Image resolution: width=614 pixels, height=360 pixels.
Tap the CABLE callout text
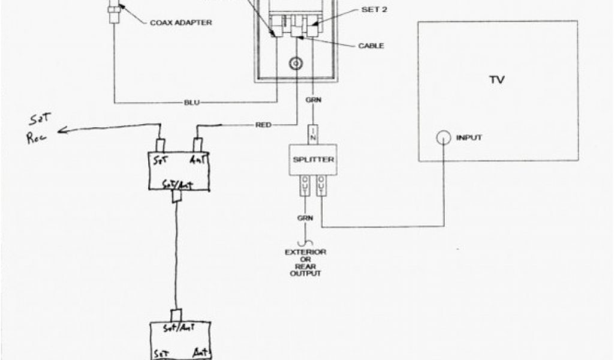[x=371, y=46]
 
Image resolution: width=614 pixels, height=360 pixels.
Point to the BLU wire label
[x=192, y=102]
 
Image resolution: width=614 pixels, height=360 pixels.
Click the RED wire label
[x=262, y=125]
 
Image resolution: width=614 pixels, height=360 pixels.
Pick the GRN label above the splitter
[x=313, y=100]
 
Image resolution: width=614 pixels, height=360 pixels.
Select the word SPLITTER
[x=313, y=160]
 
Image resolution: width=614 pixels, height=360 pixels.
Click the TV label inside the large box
[x=496, y=80]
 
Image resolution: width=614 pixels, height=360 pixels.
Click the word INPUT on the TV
[x=469, y=138]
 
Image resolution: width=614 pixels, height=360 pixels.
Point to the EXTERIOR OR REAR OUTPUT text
[x=305, y=263]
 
